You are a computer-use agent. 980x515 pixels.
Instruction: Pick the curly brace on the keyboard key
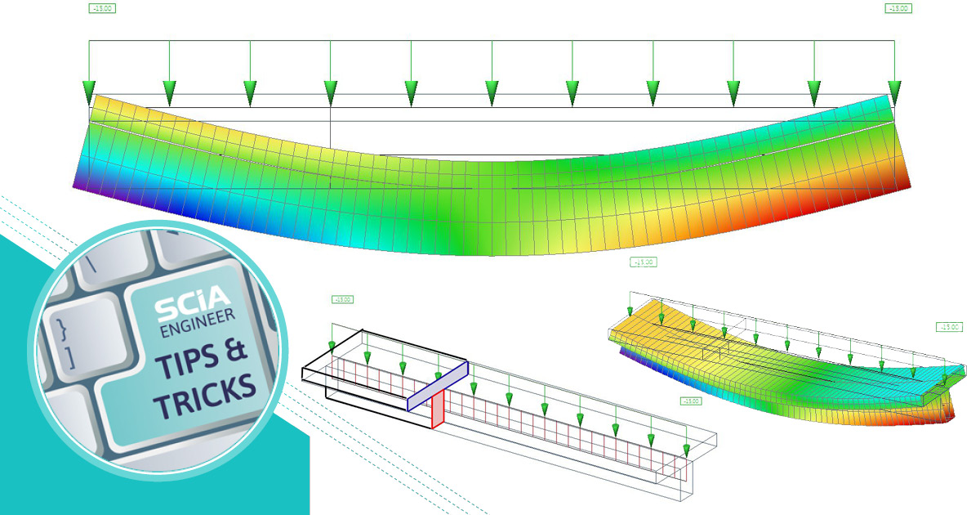point(61,330)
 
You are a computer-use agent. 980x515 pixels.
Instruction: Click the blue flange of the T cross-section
point(438,383)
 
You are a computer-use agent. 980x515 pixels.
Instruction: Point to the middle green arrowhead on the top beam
point(492,92)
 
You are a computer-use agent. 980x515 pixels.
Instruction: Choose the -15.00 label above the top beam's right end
point(898,9)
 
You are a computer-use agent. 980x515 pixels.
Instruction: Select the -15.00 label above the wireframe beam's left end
point(342,299)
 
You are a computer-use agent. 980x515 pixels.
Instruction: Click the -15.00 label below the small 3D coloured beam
point(691,401)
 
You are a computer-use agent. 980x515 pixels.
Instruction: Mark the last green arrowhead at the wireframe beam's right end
point(687,450)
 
